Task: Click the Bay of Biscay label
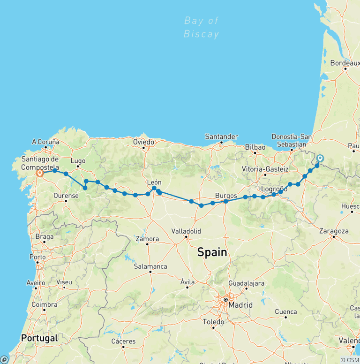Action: coord(202,27)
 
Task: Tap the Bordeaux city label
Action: coord(345,62)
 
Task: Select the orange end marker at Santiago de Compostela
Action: coord(40,173)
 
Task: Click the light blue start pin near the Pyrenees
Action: coord(320,159)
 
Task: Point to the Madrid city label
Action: coord(240,305)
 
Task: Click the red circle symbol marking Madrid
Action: coord(225,299)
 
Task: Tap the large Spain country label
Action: coord(212,252)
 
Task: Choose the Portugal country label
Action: coord(39,338)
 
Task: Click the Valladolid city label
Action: coord(186,231)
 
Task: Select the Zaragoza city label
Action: coord(333,231)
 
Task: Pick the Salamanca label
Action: coord(150,266)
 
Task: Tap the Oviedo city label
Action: coord(143,142)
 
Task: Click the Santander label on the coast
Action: coord(221,136)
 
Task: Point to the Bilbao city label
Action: coord(255,147)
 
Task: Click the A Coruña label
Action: coord(45,142)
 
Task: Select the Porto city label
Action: coord(37,257)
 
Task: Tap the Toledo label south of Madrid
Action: coord(213,322)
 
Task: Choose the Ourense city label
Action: coord(66,196)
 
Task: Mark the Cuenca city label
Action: coord(286,311)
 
